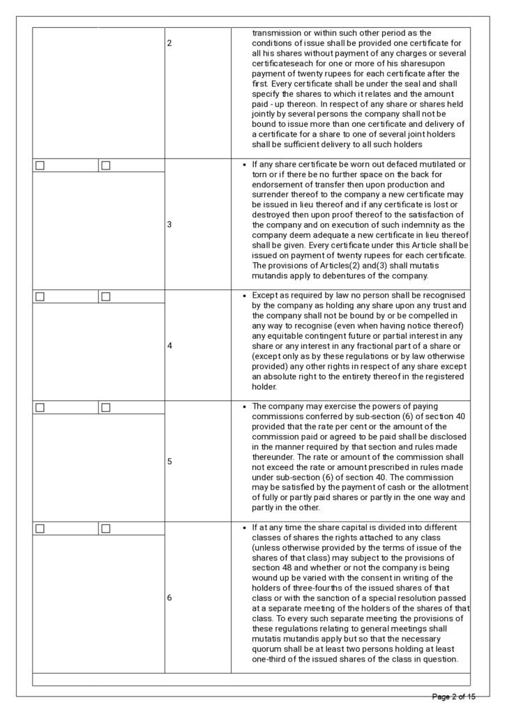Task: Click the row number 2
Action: (169, 43)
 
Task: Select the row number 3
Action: (169, 225)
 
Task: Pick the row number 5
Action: (169, 461)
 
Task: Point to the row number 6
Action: (169, 598)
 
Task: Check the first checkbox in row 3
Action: (40, 165)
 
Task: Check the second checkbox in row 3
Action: (106, 165)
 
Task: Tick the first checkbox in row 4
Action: (40, 296)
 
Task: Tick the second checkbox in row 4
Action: (106, 296)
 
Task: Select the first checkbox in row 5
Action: (40, 407)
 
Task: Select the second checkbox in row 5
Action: (106, 407)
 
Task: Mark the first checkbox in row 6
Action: (40, 529)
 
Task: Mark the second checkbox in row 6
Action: (106, 529)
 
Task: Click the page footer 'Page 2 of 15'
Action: (454, 697)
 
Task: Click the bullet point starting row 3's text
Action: (243, 165)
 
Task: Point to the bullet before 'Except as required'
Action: (243, 296)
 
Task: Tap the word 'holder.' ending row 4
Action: (264, 387)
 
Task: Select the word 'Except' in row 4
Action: (264, 295)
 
